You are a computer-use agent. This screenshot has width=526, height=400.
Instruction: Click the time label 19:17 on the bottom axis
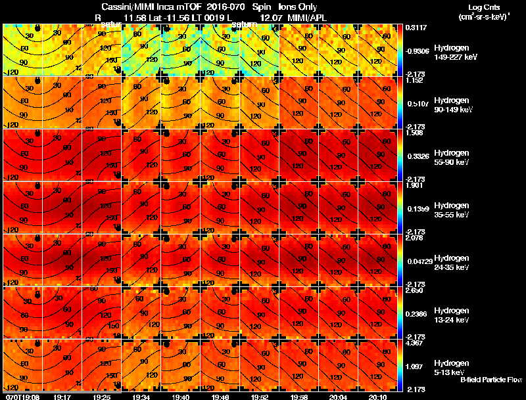(62, 397)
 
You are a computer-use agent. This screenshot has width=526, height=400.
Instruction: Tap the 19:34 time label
(141, 397)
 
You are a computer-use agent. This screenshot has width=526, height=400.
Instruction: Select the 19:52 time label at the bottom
(260, 397)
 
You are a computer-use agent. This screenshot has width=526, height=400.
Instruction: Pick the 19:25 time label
(102, 397)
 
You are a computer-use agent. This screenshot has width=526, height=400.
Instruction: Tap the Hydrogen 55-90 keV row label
(452, 157)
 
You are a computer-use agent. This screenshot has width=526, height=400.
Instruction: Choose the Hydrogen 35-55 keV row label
(452, 210)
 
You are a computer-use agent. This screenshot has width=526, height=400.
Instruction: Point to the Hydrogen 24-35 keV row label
(452, 262)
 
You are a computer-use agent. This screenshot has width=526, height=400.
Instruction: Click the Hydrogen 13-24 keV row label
(452, 315)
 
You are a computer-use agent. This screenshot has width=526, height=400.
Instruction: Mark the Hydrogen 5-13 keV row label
(450, 367)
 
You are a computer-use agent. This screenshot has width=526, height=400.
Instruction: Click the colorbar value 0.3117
(416, 28)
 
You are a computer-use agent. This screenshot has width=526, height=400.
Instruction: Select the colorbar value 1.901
(416, 185)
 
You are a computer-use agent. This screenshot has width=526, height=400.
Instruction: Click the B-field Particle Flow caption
(490, 380)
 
